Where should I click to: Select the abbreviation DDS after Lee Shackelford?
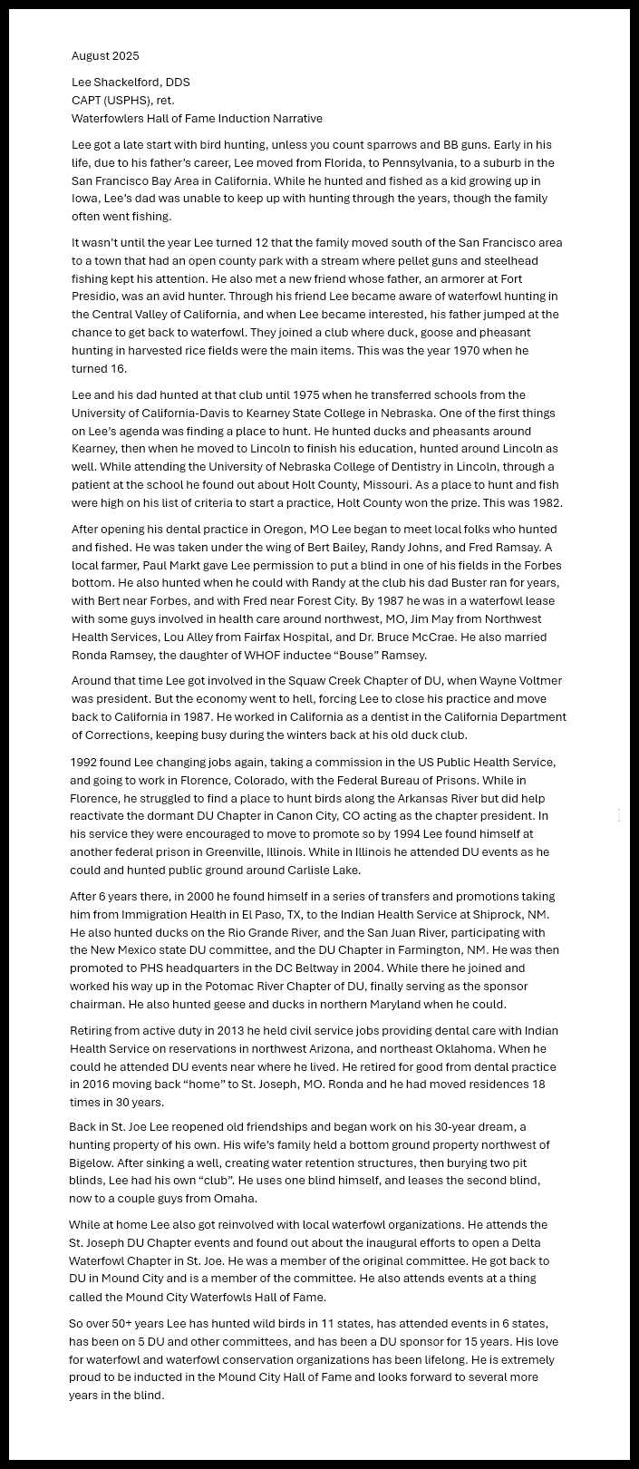click(178, 83)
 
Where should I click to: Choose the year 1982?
click(546, 503)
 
